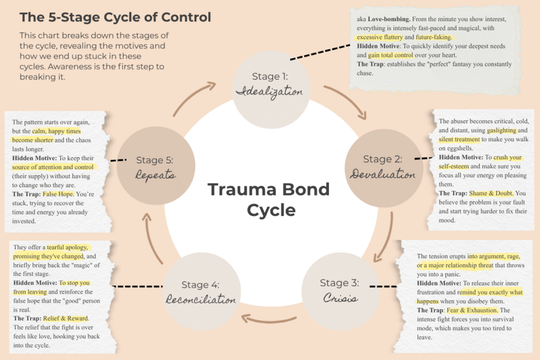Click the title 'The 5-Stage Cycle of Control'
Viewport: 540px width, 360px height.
[x=115, y=17]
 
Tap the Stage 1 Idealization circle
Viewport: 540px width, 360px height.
[x=269, y=84]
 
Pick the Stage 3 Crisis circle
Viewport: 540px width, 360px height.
[x=339, y=290]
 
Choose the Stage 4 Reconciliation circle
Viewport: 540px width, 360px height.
[x=200, y=292]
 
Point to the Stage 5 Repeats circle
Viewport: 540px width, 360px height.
[x=155, y=167]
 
